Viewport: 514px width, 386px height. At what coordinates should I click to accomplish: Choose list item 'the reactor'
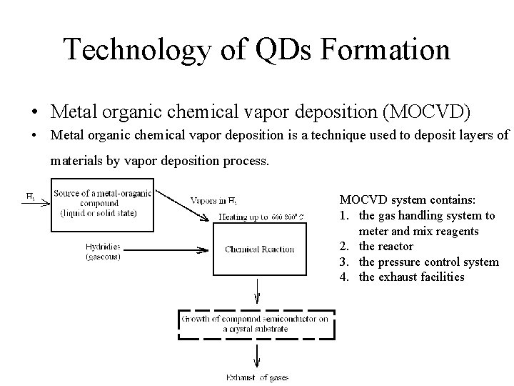coord(385,247)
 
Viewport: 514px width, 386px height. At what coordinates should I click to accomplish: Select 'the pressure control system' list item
coord(428,262)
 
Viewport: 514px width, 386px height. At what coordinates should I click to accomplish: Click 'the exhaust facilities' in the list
coord(411,277)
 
